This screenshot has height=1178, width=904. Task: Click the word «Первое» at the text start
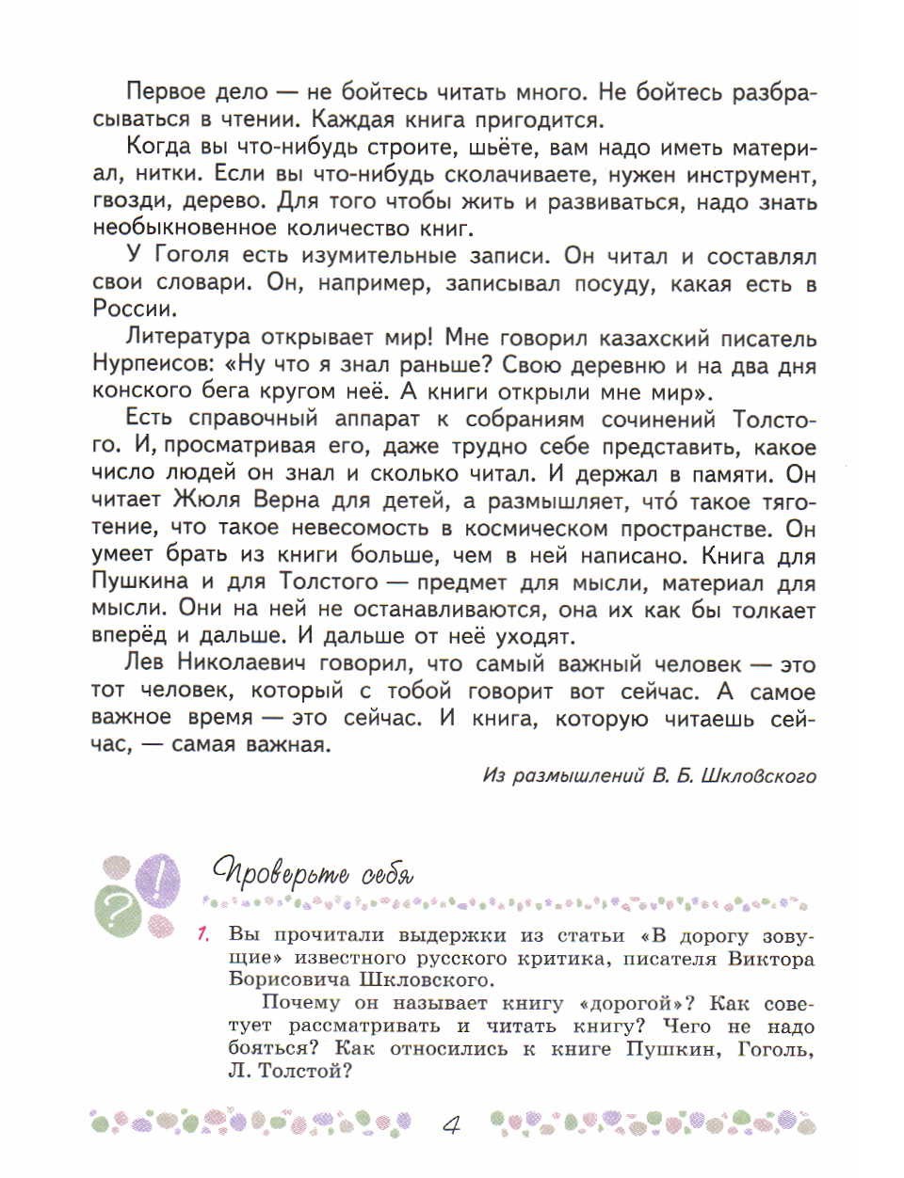165,92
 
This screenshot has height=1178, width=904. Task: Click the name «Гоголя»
191,255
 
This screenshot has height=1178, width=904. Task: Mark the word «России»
132,309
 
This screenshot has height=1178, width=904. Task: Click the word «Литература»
188,337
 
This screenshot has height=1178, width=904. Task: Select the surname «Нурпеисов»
153,364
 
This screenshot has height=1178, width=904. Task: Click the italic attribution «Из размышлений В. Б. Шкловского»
649,776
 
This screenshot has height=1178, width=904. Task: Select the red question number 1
202,934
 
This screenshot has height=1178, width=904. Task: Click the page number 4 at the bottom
451,1124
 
